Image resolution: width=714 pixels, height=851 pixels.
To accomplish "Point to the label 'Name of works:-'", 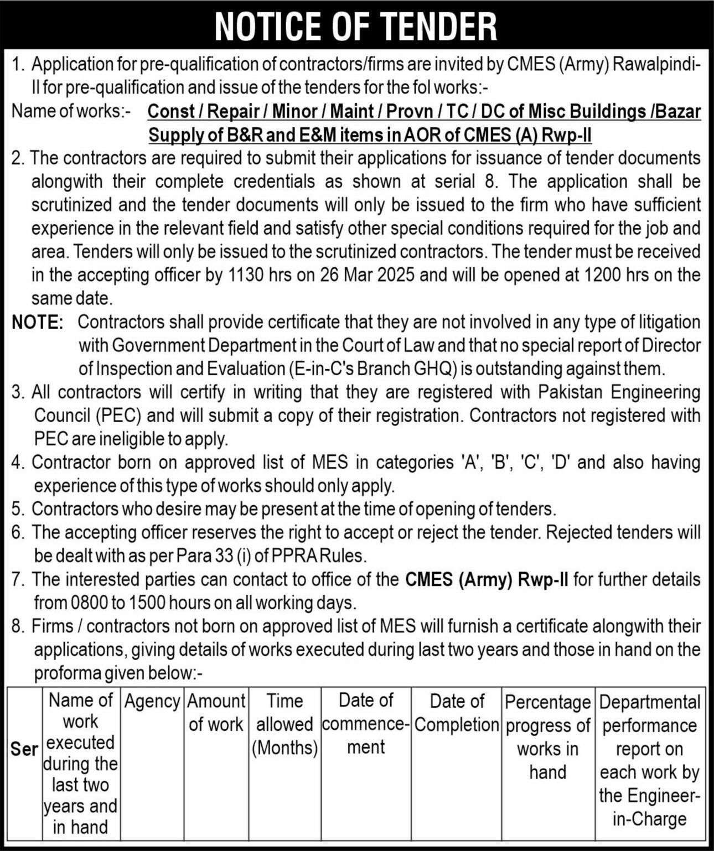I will click(x=71, y=111).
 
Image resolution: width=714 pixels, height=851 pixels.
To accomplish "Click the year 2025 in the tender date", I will click(x=395, y=275).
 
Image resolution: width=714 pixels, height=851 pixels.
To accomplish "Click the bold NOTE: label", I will click(x=38, y=322).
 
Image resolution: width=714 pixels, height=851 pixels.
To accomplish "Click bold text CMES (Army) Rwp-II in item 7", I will click(x=487, y=579).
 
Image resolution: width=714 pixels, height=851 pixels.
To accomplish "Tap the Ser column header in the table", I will click(x=24, y=749).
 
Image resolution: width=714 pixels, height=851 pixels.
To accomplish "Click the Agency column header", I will click(x=152, y=702).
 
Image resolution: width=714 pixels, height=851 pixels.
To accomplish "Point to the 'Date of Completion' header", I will click(x=457, y=713).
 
